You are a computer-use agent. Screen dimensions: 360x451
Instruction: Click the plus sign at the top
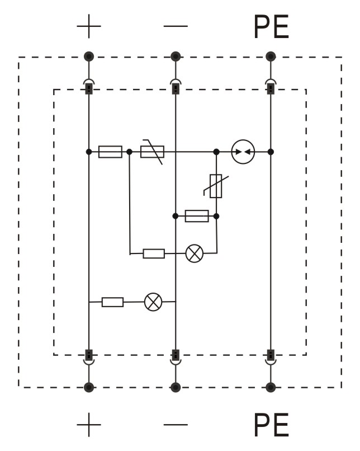89,26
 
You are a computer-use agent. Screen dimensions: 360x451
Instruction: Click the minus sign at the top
176,26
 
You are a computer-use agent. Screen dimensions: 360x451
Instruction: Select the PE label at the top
271,27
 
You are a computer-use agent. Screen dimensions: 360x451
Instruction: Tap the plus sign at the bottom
89,425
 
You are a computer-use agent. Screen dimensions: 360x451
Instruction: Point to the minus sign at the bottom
176,425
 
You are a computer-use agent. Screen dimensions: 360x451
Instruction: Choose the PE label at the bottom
271,425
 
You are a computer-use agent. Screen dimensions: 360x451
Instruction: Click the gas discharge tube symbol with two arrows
243,152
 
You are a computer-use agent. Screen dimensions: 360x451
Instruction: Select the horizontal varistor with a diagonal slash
152,152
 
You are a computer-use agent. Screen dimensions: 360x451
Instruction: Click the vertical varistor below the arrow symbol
216,186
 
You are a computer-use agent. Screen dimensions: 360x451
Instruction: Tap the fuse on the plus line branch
110,152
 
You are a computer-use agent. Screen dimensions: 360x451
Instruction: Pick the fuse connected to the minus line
197,216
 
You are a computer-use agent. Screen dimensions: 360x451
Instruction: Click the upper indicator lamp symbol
195,253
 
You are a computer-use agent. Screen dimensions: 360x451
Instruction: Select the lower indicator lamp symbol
153,302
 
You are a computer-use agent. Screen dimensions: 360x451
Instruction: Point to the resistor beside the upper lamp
154,253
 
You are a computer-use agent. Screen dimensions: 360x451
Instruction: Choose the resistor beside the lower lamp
112,302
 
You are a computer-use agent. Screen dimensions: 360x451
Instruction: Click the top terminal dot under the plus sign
89,57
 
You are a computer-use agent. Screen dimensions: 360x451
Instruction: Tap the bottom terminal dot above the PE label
271,387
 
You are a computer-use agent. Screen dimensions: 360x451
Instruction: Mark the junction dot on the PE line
271,152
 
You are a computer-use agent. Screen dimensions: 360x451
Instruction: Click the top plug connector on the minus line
176,86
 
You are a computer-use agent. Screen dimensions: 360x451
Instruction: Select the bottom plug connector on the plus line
89,358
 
